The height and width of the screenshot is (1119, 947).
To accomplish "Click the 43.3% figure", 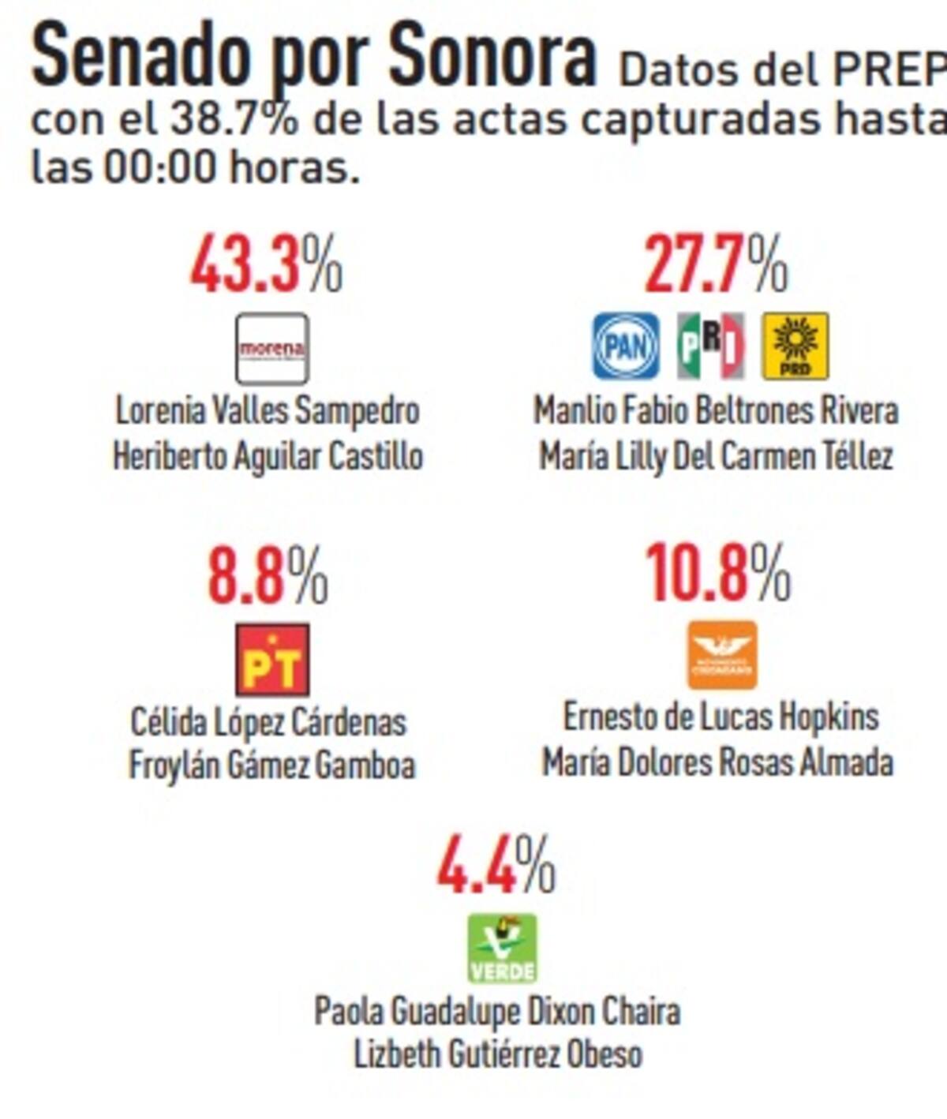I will [x=267, y=264].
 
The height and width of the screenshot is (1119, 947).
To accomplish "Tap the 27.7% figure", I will [x=716, y=264].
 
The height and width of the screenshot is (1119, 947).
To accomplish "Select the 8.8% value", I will [x=268, y=575].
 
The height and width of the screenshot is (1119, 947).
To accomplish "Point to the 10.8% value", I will [x=717, y=574].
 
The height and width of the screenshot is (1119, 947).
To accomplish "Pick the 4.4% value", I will [x=496, y=865].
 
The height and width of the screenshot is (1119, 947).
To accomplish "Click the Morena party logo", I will [x=272, y=349].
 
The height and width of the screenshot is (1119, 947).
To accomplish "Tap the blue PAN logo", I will [x=626, y=346].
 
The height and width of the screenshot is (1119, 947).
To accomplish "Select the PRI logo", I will [x=710, y=346].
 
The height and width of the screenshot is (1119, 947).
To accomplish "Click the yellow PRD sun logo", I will [x=795, y=346].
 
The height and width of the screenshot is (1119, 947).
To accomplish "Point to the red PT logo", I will [x=272, y=660].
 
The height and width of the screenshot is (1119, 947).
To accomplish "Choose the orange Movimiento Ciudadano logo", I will [x=722, y=655].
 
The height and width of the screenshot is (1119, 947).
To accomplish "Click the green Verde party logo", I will [x=502, y=948].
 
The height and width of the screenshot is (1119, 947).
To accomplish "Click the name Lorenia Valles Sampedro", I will [x=268, y=411].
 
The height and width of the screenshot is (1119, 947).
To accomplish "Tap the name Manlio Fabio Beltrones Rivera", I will [x=716, y=411].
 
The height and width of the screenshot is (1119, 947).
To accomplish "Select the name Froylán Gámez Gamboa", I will [x=271, y=765].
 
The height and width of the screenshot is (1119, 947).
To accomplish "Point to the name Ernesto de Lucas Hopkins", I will [x=720, y=717].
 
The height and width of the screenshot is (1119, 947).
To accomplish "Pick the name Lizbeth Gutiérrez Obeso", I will [x=497, y=1054].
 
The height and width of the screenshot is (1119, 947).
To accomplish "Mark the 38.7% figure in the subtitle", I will [x=234, y=121].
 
